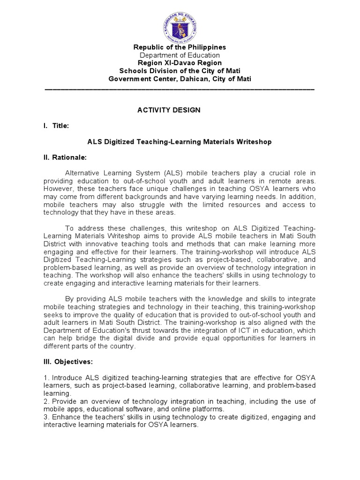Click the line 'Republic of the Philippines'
click(180, 47)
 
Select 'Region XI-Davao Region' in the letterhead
click(180, 63)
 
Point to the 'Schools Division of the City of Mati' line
click(180, 71)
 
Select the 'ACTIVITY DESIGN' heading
click(169, 110)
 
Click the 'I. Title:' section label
click(57, 126)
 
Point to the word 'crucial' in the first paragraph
click(280, 173)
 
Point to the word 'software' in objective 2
click(145, 409)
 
